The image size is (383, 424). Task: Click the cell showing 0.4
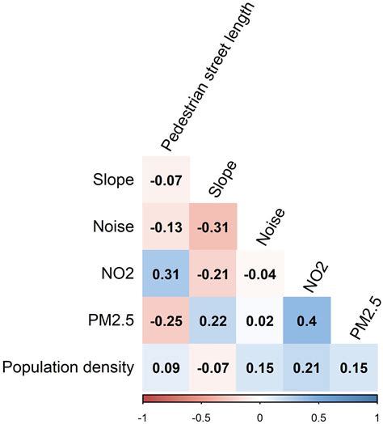pyautogui.click(x=307, y=320)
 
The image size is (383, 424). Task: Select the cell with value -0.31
pyautogui.click(x=213, y=226)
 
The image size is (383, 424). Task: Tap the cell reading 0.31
pyautogui.click(x=166, y=273)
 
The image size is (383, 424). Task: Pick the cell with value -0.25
pyautogui.click(x=166, y=320)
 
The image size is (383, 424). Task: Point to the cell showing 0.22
pyautogui.click(x=213, y=320)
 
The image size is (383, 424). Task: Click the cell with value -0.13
pyautogui.click(x=166, y=226)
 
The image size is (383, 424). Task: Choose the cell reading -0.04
pyautogui.click(x=260, y=273)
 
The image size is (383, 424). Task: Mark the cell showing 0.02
pyautogui.click(x=260, y=320)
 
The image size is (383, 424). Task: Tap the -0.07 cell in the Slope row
pyautogui.click(x=166, y=179)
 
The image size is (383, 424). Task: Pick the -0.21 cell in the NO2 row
pyautogui.click(x=213, y=273)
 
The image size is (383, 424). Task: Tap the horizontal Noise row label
pyautogui.click(x=112, y=227)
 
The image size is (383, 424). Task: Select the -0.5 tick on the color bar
pyautogui.click(x=201, y=415)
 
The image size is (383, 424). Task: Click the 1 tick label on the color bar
pyautogui.click(x=377, y=415)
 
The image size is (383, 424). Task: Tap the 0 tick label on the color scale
pyautogui.click(x=260, y=415)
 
